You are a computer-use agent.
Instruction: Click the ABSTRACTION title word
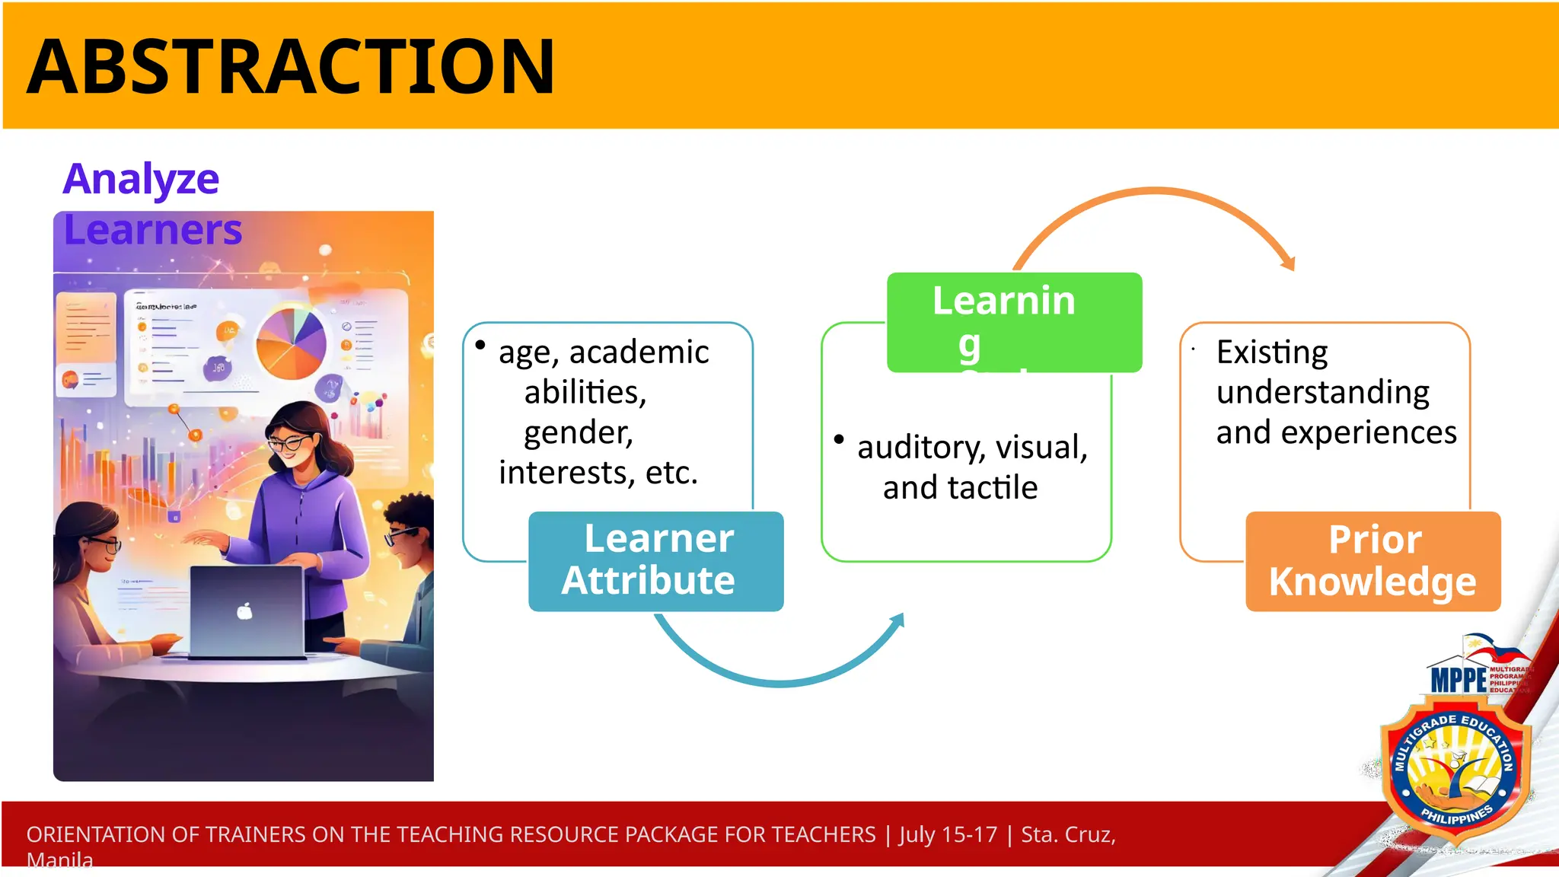point(291,67)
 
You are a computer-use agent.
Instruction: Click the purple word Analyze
point(141,180)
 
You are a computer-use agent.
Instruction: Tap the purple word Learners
point(152,230)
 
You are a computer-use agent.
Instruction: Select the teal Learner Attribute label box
point(655,561)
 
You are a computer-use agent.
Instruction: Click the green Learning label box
point(1013,322)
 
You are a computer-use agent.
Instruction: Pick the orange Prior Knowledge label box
point(1372,561)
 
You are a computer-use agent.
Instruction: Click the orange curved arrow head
point(1288,263)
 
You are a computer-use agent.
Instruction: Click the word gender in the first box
point(578,432)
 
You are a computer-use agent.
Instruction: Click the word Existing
point(1271,352)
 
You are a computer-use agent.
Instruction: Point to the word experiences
point(1368,432)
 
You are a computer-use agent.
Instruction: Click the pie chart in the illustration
point(291,343)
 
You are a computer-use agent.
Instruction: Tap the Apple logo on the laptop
point(244,611)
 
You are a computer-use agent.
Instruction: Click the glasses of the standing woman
point(289,443)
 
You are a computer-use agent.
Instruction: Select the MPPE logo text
point(1458,679)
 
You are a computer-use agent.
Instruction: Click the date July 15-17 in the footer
point(948,834)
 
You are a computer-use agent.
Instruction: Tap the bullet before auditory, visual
point(839,439)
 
